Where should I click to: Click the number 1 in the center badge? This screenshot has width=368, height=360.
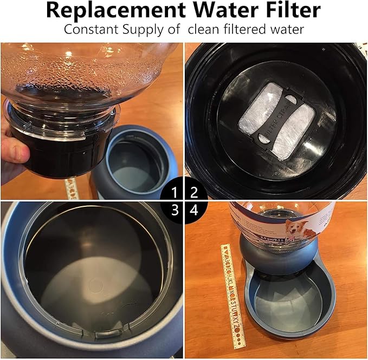click(174, 192)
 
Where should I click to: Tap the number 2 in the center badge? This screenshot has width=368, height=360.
click(193, 192)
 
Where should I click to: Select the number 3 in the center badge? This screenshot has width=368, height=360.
click(174, 210)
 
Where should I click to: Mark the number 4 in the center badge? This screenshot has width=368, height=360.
click(193, 210)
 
